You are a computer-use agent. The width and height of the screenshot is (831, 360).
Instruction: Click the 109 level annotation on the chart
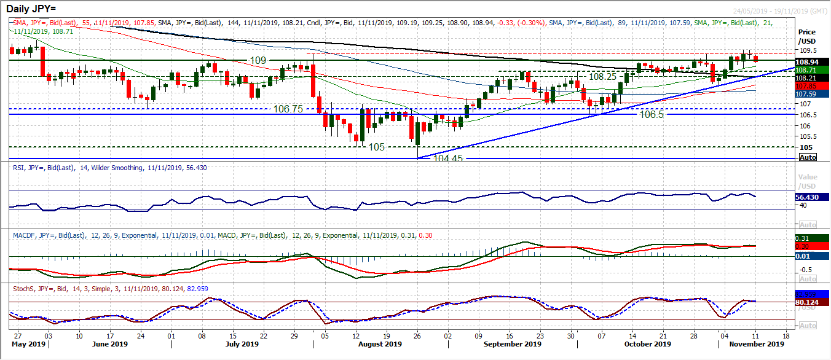tap(258, 60)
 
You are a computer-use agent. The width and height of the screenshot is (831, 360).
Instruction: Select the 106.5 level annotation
tap(653, 115)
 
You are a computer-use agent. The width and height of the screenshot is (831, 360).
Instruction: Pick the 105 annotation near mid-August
tap(376, 147)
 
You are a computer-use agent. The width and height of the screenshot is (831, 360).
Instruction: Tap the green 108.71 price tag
tap(808, 71)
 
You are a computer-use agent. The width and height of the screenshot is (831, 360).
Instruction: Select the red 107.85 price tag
tap(808, 87)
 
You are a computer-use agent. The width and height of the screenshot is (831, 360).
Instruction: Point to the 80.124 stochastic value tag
tap(809, 302)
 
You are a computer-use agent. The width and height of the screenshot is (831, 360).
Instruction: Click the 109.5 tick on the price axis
tap(807, 50)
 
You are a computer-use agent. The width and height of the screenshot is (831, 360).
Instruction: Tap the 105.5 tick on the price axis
tap(807, 136)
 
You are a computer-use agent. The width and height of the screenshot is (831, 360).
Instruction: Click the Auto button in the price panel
tap(808, 158)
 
